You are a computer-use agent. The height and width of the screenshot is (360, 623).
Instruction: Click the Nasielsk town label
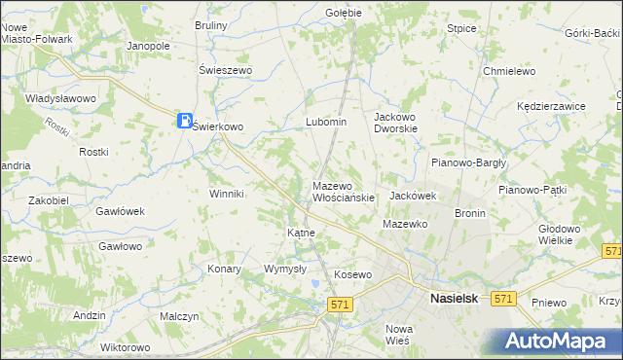click(455, 300)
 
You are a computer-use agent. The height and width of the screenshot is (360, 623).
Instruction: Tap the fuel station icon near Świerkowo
click(184, 121)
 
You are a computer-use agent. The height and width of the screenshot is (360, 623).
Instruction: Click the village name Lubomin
click(326, 122)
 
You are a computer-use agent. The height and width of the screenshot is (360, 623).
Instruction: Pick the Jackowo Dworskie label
click(396, 122)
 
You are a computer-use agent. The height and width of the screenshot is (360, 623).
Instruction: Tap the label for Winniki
click(226, 194)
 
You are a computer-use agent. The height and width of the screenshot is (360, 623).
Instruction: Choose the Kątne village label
click(300, 234)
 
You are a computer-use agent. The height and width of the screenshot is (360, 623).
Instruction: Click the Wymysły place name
click(285, 269)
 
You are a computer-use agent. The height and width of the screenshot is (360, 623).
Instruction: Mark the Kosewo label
click(353, 274)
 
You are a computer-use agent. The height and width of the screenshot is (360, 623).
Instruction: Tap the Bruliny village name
click(211, 25)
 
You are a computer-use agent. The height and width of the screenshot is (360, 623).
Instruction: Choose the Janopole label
click(149, 46)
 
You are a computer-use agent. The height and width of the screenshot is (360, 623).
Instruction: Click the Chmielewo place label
click(510, 71)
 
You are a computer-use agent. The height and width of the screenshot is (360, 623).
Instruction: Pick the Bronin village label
click(470, 212)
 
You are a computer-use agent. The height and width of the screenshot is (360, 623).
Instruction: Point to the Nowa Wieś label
click(399, 335)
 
